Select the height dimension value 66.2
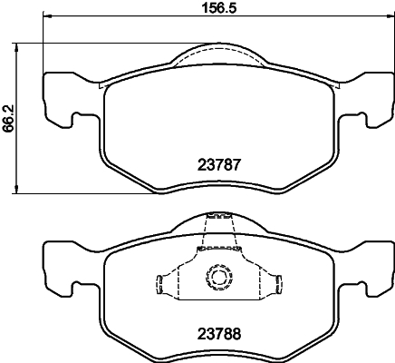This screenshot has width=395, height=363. [x=8, y=116]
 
